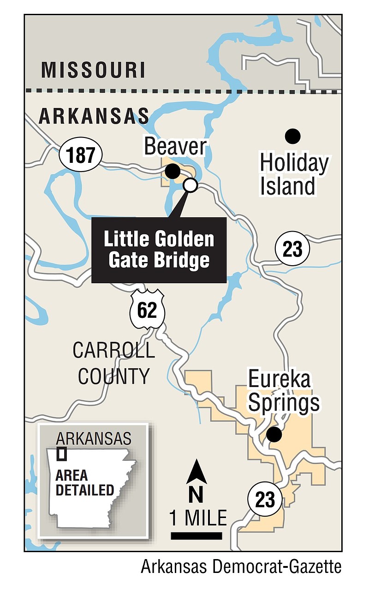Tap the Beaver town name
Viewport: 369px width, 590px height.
[175, 147]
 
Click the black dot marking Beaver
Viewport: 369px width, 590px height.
[173, 172]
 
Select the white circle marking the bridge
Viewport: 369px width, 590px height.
[190, 185]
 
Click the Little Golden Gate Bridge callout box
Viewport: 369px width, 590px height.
[159, 250]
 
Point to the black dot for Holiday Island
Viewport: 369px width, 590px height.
[292, 136]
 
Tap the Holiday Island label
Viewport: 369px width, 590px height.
[294, 175]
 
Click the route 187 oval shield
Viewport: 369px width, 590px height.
[80, 155]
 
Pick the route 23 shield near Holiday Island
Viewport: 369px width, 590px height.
[292, 250]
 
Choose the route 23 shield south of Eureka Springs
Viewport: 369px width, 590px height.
[265, 499]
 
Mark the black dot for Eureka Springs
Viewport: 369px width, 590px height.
[274, 434]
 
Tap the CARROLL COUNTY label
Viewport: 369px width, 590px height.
[114, 364]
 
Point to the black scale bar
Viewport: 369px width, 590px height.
[196, 536]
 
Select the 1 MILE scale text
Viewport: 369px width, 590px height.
[198, 518]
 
